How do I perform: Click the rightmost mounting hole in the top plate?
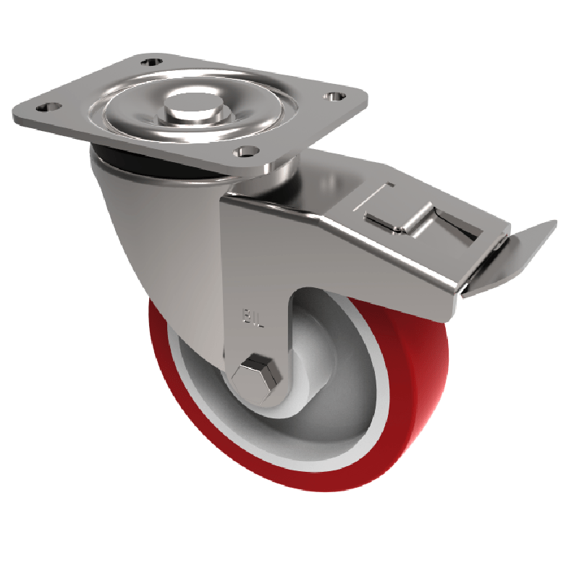(x=334, y=96)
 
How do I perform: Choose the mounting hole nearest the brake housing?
(x=246, y=151)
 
